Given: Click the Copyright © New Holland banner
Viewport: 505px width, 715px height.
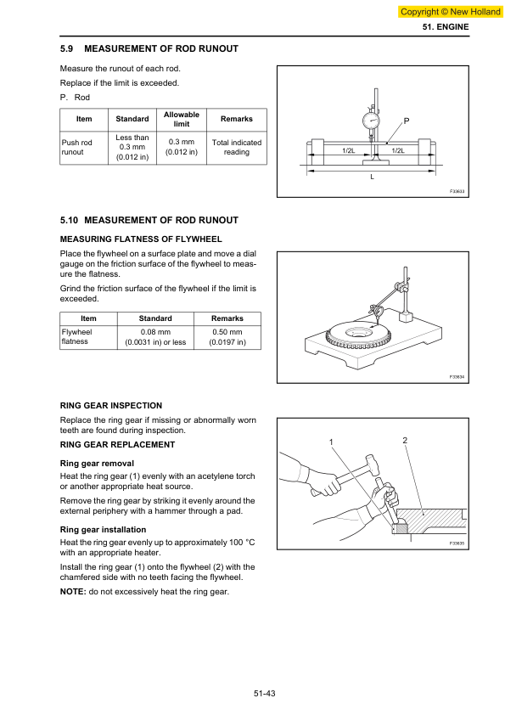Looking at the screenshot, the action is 451,12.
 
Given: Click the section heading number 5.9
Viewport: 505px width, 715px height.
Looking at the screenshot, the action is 66,48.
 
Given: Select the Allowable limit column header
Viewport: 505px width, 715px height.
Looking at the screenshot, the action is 182,119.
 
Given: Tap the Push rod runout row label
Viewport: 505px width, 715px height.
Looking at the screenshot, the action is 76,147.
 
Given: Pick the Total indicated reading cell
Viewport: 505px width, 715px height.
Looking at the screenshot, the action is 237,147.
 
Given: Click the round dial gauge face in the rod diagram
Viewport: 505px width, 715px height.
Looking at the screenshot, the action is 371,121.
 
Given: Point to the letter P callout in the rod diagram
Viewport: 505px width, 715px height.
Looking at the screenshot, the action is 406,121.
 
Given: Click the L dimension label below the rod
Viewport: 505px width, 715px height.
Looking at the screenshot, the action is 372,177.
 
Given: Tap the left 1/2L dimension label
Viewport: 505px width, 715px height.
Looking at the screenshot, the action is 348,150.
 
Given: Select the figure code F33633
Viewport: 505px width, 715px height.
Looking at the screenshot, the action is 457,192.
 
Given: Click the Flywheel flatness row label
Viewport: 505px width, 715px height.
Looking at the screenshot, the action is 76,336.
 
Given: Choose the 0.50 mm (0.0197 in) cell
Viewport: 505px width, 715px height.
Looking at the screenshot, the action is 227,337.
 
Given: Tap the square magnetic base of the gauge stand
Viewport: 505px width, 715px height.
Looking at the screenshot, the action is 405,317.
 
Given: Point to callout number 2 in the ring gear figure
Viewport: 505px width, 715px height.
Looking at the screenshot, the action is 405,440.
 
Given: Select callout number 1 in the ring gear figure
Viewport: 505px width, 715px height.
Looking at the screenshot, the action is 331,442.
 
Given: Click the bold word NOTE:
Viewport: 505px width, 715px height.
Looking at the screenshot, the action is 73,592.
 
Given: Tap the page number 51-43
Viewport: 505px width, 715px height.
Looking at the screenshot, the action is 265,694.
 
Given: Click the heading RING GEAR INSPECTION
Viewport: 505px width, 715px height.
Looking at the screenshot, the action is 111,406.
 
